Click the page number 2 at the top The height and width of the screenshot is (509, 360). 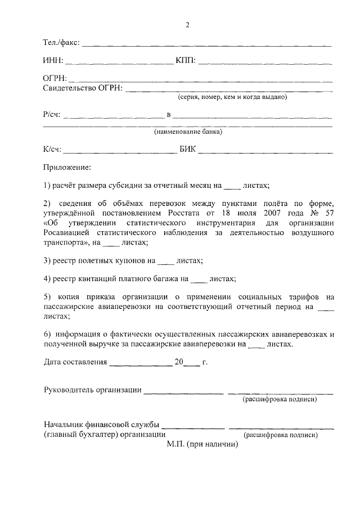point(188,25)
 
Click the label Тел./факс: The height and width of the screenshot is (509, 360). point(61,43)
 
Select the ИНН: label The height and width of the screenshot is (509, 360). point(53,60)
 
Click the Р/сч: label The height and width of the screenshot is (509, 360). point(52,115)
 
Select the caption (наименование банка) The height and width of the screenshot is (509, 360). point(188,133)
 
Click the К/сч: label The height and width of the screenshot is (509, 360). point(52,150)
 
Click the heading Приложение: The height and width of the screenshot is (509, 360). point(67,168)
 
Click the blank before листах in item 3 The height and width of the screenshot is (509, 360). point(165,261)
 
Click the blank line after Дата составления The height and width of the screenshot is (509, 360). point(141,363)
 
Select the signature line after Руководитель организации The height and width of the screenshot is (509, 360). point(183,391)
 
